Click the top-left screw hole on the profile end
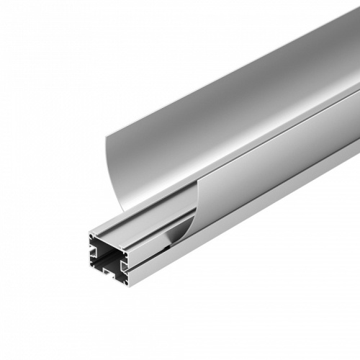coord(94,240)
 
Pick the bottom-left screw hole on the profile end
coord(94,266)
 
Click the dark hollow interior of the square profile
coord(109,258)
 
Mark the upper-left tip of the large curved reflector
coord(107,134)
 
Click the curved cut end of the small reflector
coord(189,216)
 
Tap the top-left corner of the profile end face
coord(89,235)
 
